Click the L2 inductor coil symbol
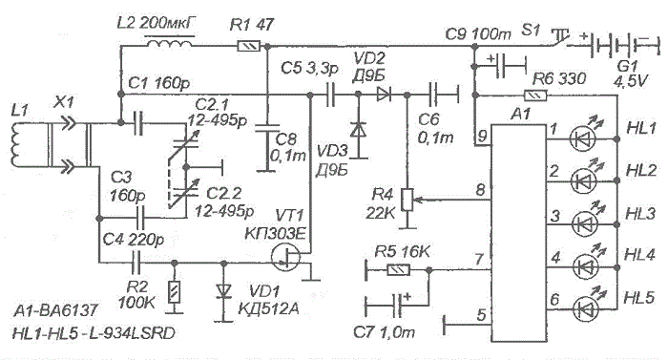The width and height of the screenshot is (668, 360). (x=170, y=43)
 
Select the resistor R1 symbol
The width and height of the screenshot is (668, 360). (x=248, y=46)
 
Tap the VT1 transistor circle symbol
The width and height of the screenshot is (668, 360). (x=285, y=257)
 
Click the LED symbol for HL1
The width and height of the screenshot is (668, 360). (x=582, y=138)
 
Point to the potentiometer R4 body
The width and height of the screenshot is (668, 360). (x=407, y=200)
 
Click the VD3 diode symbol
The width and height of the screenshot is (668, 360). (x=358, y=130)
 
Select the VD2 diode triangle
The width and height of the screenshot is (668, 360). (x=384, y=95)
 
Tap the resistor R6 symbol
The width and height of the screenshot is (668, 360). (x=535, y=95)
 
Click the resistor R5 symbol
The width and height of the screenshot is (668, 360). (x=398, y=269)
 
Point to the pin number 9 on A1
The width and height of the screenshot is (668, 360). (x=482, y=136)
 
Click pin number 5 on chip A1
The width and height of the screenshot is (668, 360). (x=481, y=315)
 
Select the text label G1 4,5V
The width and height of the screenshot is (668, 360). (x=628, y=73)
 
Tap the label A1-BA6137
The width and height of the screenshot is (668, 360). (x=55, y=310)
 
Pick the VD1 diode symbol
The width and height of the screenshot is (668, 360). (x=223, y=291)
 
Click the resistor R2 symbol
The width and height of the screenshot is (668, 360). (x=174, y=292)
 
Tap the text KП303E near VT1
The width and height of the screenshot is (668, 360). (x=275, y=233)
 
